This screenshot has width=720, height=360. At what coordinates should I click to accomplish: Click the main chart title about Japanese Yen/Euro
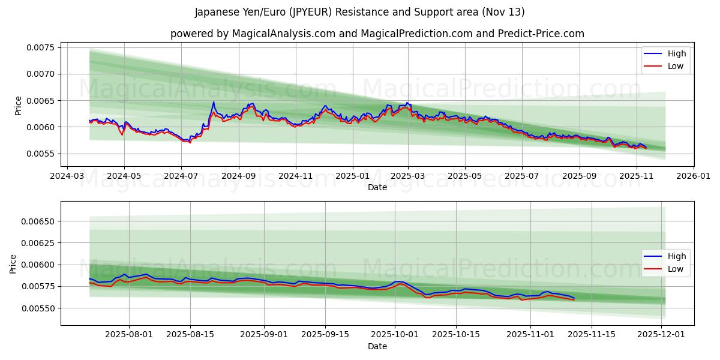(360, 12)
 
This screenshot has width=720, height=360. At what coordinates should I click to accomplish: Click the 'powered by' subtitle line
(377, 34)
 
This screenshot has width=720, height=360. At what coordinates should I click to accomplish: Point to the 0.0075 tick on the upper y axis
(40, 47)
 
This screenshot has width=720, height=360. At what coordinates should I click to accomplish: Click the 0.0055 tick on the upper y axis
(40, 154)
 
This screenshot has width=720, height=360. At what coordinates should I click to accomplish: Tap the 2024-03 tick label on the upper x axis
(67, 176)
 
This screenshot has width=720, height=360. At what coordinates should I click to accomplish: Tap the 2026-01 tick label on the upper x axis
(693, 176)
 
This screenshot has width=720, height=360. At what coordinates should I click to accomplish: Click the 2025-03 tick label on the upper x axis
(408, 176)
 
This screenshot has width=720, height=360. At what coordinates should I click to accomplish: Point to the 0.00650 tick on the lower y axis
(38, 221)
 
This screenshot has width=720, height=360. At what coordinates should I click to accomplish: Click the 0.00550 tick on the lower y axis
(38, 308)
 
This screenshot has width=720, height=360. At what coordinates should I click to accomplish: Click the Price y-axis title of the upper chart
(18, 106)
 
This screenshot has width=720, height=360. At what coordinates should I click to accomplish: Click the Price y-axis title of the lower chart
(13, 263)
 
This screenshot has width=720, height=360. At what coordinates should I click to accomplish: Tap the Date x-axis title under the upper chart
(377, 187)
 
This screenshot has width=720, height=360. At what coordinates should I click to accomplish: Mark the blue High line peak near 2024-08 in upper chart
(213, 103)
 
